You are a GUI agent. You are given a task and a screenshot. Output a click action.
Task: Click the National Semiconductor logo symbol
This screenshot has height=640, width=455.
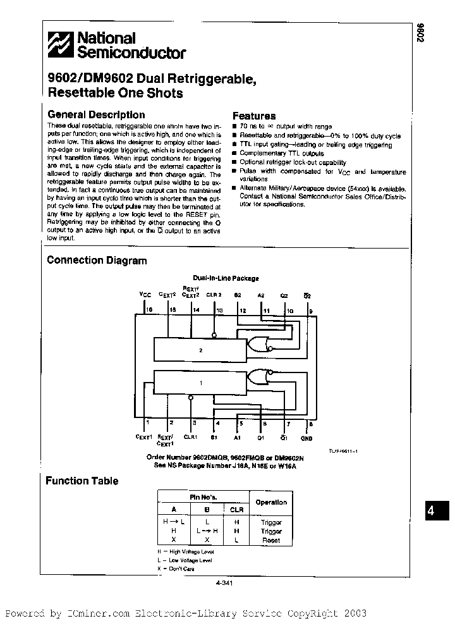(60, 46)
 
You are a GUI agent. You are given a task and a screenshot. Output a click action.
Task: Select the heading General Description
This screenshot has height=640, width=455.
(96, 115)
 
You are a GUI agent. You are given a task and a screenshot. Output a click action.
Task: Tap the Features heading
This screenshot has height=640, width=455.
(254, 116)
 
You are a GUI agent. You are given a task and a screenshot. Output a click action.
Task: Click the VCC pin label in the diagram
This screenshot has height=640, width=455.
(145, 294)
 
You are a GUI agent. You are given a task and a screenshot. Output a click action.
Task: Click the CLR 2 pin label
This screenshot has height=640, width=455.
(214, 294)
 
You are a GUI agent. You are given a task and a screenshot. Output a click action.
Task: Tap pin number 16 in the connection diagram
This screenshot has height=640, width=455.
(150, 310)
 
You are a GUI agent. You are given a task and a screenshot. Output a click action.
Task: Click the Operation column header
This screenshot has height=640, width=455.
(270, 502)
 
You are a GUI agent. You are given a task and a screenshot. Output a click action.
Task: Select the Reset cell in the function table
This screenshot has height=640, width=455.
(270, 541)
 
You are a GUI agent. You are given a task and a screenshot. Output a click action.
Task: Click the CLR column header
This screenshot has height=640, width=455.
(236, 508)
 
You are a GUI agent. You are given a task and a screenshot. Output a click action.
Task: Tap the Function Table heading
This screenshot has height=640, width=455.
(82, 481)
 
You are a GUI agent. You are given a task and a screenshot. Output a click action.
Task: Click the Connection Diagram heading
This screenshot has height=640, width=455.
(97, 261)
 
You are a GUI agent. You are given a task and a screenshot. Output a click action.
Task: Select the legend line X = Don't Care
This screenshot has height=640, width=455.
(176, 569)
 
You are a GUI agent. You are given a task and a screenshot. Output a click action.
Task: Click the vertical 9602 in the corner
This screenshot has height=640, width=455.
(420, 33)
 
